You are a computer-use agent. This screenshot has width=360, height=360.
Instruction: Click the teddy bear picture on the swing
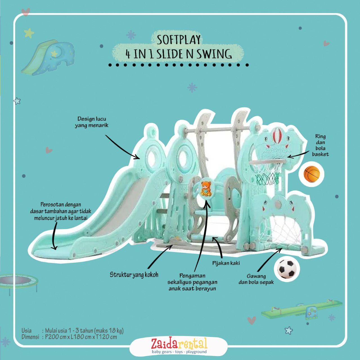[x=206, y=189]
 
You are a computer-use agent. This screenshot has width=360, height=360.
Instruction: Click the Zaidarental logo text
[x=179, y=343]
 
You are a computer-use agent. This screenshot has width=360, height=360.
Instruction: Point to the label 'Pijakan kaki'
[x=226, y=263]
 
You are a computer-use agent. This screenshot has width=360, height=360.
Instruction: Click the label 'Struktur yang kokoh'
[x=134, y=275]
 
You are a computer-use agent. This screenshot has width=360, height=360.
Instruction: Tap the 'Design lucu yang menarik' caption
[x=92, y=122]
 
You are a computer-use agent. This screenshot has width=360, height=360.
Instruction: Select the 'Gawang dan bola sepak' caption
[x=256, y=279]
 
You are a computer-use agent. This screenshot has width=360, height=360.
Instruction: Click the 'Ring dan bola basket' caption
[x=320, y=145]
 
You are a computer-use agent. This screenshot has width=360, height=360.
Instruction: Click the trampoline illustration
[x=18, y=282]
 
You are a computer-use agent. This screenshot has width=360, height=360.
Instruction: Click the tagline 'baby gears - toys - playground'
[x=179, y=352]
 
